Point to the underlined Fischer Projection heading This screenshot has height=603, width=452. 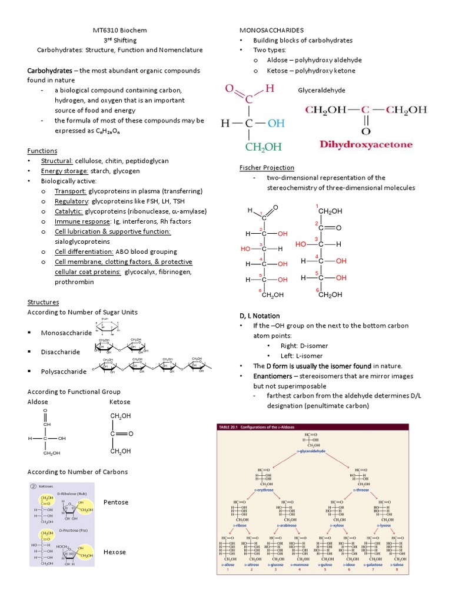[x=267, y=168]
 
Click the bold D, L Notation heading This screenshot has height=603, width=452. [x=260, y=316]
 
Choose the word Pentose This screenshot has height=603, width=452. [x=115, y=502]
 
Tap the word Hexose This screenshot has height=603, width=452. [x=115, y=552]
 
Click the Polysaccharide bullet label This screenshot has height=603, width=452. [x=64, y=372]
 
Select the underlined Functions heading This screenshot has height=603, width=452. [x=42, y=151]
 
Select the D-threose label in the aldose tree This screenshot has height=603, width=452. [x=361, y=489]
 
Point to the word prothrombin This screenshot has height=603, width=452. [x=74, y=281]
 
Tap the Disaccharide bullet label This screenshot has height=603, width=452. [x=61, y=352]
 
